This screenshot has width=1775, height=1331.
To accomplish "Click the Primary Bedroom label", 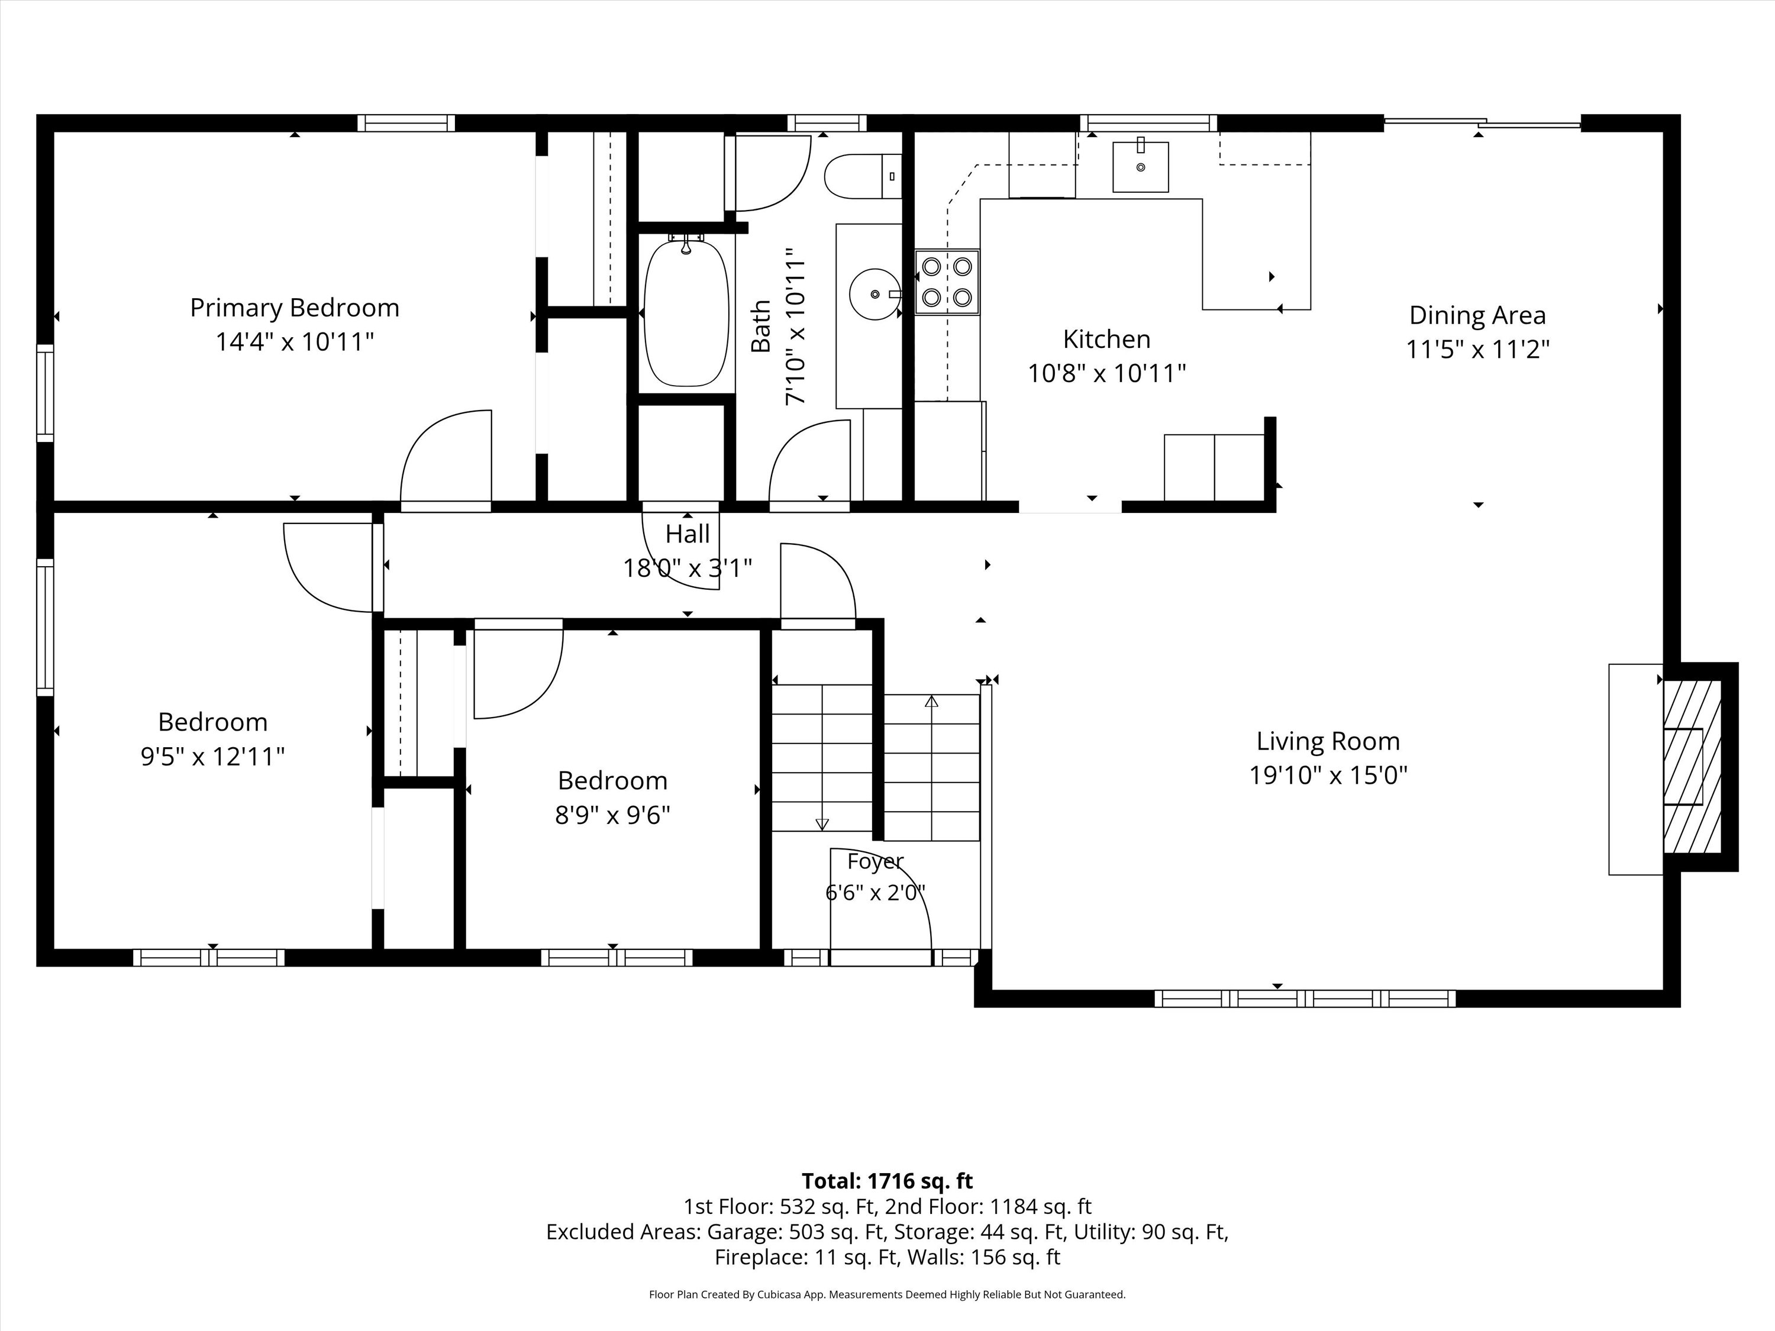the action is pos(295,308).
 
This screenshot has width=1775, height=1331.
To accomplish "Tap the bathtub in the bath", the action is pos(687,313).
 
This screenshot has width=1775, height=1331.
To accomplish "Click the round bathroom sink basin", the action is pos(874,293).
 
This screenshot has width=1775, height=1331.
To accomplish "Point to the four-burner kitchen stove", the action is pos(947,282).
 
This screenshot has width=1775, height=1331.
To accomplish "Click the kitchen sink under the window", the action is pos(1140,167).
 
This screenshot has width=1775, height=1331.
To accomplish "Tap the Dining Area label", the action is pos(1477,315).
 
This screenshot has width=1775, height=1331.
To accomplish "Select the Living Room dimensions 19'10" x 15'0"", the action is pos(1328,776).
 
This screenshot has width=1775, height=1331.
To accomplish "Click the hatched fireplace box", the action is pos(1692,766).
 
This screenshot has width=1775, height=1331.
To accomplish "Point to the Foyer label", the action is pos(876,862).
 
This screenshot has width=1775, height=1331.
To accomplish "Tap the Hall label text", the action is pos(688,534).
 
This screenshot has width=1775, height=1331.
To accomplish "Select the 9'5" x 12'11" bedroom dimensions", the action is pos(212,757).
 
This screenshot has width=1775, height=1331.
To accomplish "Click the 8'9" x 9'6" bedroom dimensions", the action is pos(612,815).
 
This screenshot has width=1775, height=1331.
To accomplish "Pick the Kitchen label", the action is pos(1106,340).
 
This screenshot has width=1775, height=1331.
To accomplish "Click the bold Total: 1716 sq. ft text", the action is pos(887,1181).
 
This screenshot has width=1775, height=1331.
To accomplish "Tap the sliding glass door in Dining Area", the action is pos(1482,123).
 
